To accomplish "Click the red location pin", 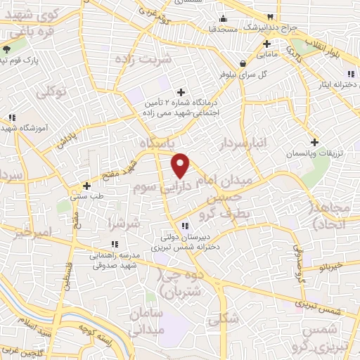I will (181, 165).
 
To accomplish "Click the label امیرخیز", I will (34, 232).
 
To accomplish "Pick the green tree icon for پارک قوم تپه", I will (7, 49).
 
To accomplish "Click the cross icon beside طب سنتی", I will (86, 186).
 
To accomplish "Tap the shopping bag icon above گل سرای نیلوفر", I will (241, 62).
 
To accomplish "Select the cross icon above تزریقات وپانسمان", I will (314, 141).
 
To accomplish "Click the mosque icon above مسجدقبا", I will (224, 18).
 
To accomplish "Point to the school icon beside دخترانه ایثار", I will (349, 75).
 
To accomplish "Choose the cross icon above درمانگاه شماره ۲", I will (181, 92).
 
